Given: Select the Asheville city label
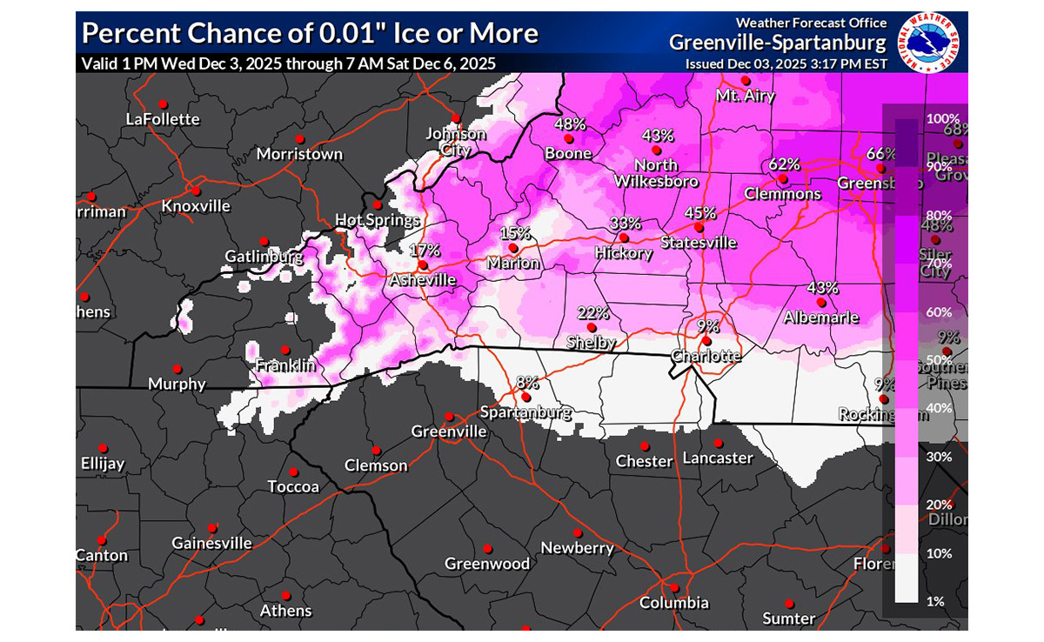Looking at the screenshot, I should (x=422, y=280).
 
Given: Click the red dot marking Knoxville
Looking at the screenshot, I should (x=197, y=191).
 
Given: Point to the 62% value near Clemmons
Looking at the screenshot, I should (x=784, y=164).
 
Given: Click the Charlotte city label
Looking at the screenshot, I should (x=706, y=356).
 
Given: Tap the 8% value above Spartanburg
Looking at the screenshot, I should (x=527, y=382).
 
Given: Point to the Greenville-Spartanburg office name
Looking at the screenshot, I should (x=778, y=43).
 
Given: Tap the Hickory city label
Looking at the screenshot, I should (x=623, y=253).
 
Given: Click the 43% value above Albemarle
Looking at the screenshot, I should (x=822, y=288).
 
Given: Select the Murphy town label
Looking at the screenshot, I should (x=177, y=384).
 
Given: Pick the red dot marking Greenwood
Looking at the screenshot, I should (x=488, y=549).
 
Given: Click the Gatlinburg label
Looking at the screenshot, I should (x=264, y=257).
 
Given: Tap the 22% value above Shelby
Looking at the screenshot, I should (x=592, y=313).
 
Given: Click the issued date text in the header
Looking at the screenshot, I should (x=786, y=64).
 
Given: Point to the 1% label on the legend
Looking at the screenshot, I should (x=935, y=601).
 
